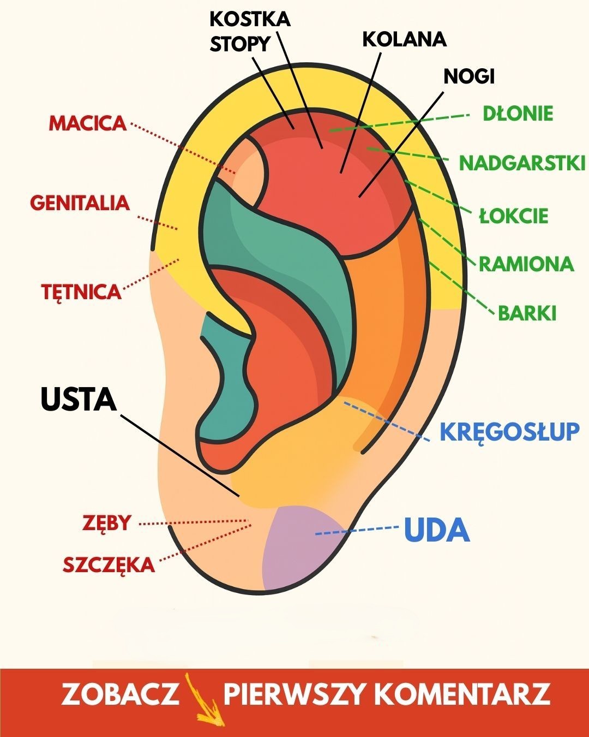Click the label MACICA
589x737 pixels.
[87, 123]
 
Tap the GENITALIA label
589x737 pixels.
[80, 203]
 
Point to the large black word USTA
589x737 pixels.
[79, 400]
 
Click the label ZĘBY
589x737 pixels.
[107, 523]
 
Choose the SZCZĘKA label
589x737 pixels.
[109, 565]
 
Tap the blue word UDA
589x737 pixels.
[437, 530]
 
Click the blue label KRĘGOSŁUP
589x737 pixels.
[509, 432]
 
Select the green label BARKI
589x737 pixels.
[527, 313]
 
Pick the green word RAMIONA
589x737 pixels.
[526, 264]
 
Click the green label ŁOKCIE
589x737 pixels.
[513, 216]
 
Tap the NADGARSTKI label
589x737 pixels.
[522, 163]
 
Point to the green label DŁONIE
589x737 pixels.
[518, 114]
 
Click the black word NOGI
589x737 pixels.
[468, 76]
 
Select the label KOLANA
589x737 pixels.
[404, 39]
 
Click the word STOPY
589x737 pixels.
[240, 44]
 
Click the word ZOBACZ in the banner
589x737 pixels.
[120, 694]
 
